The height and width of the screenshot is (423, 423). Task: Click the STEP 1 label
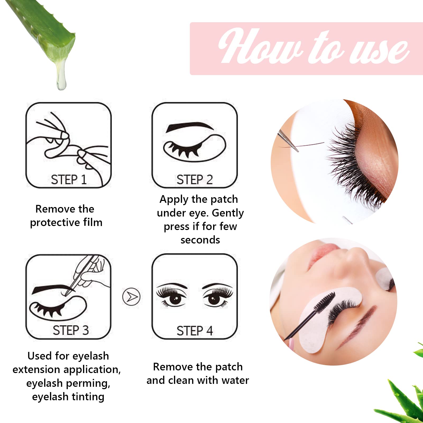click(x=69, y=180)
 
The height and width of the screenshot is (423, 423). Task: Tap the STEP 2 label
click(x=195, y=180)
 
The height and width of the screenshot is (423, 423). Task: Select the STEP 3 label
click(x=71, y=330)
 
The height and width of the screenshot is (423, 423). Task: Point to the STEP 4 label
click(x=195, y=331)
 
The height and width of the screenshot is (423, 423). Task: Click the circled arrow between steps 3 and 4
click(x=131, y=297)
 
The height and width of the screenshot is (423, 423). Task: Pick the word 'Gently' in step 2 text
click(x=228, y=213)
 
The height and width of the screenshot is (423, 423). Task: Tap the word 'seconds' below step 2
click(x=200, y=240)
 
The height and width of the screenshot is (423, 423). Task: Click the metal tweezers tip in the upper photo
click(x=293, y=145)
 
